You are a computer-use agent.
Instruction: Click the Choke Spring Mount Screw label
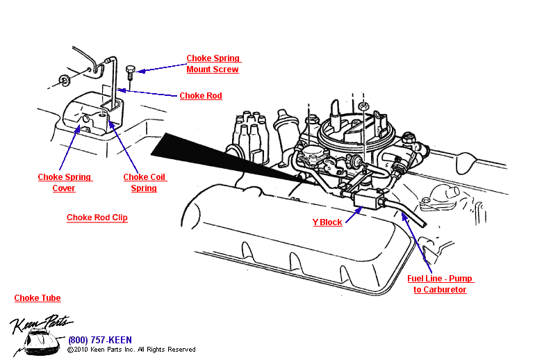(213, 64)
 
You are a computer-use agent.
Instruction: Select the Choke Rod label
(201, 96)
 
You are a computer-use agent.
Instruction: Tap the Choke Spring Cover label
(65, 183)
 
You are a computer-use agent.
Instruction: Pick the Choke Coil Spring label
(145, 183)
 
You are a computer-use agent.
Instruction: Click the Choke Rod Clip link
(97, 218)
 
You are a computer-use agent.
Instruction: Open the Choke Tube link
(38, 298)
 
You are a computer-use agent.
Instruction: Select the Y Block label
(327, 222)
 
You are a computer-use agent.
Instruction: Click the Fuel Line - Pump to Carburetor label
(440, 284)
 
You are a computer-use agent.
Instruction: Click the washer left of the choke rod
(65, 79)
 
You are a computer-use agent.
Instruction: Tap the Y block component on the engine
(370, 199)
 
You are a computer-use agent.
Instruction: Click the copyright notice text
(131, 350)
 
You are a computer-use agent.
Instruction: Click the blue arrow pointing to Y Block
(354, 213)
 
